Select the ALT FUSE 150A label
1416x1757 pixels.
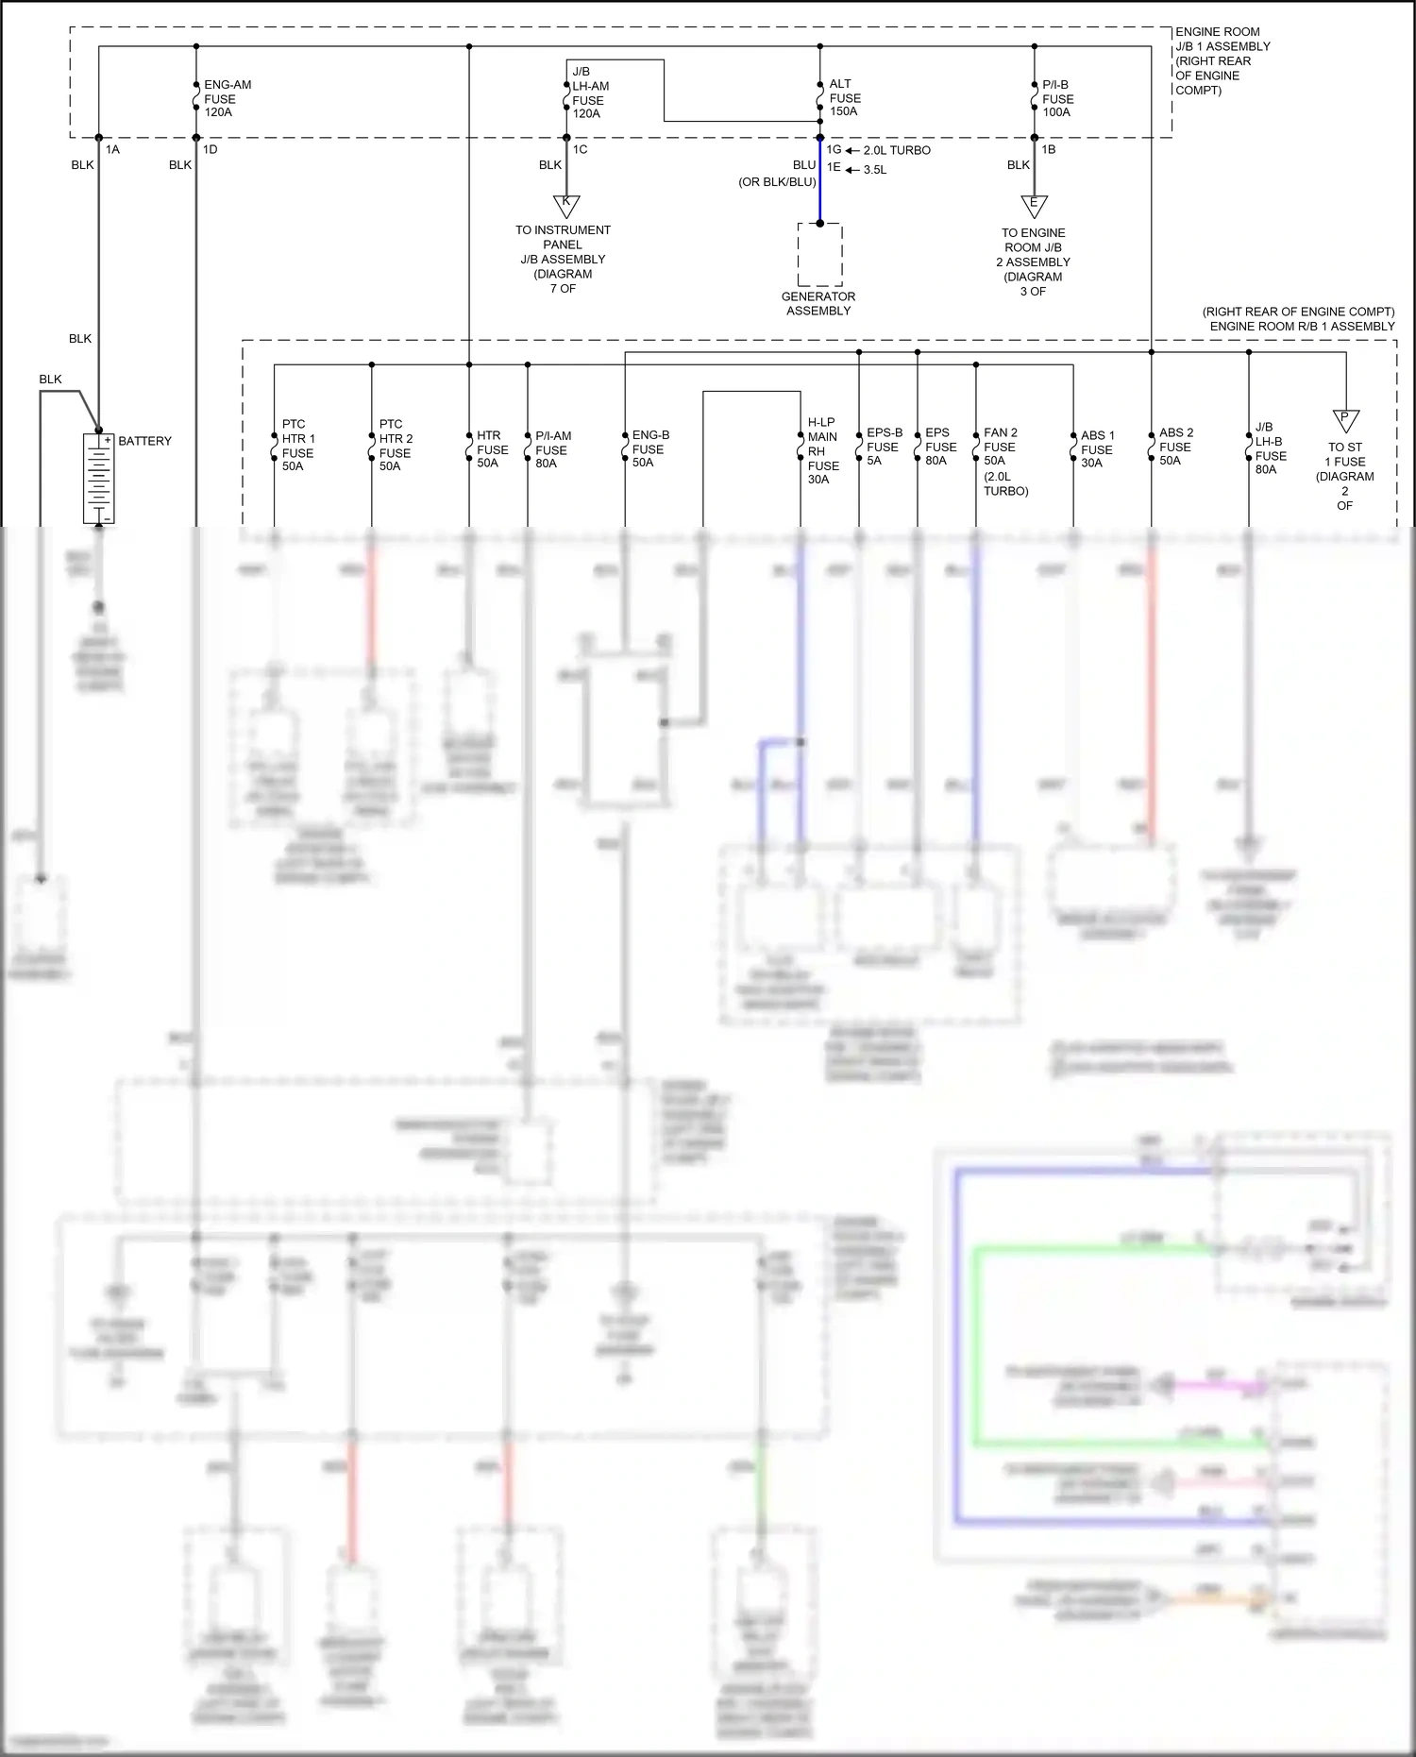(844, 98)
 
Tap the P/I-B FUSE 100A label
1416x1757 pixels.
(1057, 98)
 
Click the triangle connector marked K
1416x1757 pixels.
(566, 204)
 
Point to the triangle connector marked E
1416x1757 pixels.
(1034, 205)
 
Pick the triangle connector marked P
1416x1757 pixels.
(1345, 419)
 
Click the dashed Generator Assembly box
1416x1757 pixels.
(819, 255)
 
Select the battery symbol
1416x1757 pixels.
(98, 479)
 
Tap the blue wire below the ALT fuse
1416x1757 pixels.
(819, 189)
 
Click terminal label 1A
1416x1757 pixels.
(112, 149)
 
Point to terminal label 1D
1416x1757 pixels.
(210, 149)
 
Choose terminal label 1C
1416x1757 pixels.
(580, 149)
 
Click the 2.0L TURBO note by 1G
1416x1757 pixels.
(896, 150)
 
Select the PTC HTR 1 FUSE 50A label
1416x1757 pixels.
(297, 446)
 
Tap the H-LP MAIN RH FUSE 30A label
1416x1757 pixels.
(822, 451)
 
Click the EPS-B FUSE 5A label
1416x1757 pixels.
(884, 447)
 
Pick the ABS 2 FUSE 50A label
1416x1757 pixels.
(1174, 447)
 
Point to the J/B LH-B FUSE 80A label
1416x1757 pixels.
(1270, 448)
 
